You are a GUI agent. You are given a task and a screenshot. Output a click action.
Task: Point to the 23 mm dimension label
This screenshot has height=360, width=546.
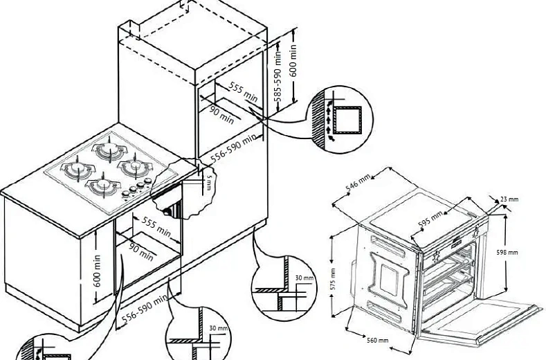pyautogui.click(x=509, y=199)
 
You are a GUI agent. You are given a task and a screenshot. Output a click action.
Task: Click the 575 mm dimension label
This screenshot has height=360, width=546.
pyautogui.click(x=332, y=278)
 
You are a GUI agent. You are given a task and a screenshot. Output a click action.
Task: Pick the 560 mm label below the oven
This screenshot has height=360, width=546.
pyautogui.click(x=377, y=340)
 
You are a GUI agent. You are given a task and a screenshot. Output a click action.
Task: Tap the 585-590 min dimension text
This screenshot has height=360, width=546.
pyautogui.click(x=277, y=74)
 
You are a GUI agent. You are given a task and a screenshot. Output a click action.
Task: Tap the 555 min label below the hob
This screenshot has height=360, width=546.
pyautogui.click(x=156, y=224)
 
